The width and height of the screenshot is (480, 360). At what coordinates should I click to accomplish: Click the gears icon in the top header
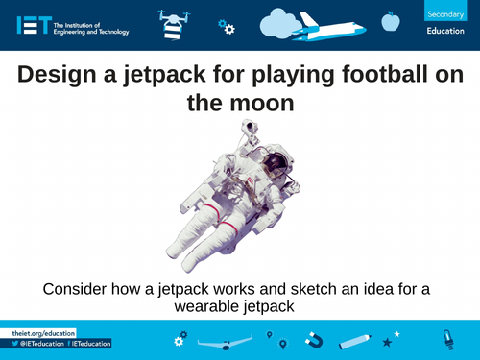point(227,26)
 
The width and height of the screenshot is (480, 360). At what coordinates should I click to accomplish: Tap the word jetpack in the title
point(198,73)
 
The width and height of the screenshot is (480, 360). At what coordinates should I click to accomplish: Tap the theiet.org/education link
point(35,331)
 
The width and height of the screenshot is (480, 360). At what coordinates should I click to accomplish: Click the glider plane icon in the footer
point(225,342)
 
